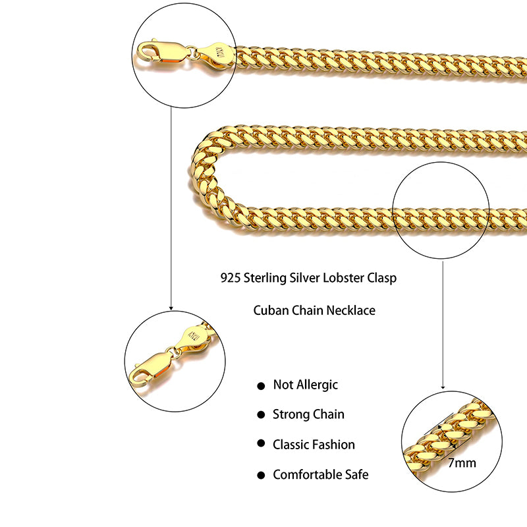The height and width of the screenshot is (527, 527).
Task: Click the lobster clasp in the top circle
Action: coord(161,53)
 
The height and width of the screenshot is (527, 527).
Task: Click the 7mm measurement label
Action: coord(462,462)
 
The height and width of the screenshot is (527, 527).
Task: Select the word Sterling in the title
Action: coord(267,278)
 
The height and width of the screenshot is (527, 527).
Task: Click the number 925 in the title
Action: coord(231,278)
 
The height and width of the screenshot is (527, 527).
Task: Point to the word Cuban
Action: coord(270,310)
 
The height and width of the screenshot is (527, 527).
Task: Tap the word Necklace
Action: coord(351,310)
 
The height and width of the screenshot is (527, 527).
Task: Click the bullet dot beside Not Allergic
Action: coord(261,385)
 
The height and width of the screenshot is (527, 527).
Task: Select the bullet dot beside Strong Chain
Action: coord(261,415)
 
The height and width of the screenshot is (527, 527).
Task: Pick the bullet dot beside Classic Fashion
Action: coord(261,445)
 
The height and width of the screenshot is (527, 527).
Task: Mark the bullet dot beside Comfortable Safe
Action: coord(261,475)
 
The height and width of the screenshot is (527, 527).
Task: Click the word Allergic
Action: coord(316,385)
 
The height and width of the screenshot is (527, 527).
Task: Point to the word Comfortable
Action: coord(308,474)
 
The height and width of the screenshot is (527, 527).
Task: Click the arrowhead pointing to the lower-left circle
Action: coord(171,308)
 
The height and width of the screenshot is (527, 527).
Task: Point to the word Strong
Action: coord(291,414)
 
